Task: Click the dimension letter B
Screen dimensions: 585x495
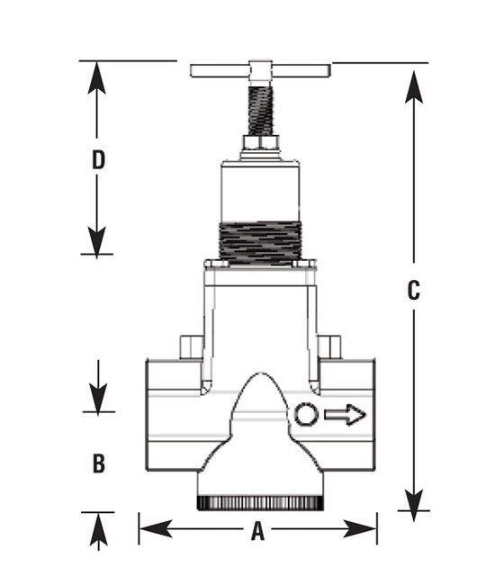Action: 99,463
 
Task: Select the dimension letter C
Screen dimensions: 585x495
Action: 413,290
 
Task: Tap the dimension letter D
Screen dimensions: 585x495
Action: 99,160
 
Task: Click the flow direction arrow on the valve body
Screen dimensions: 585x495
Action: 345,414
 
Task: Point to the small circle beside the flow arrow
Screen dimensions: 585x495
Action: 305,414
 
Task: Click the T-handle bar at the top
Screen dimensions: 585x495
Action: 260,69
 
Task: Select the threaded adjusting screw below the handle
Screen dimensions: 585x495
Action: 260,108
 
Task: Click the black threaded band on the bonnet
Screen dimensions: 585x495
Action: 260,240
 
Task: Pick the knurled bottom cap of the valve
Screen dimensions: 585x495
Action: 260,502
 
